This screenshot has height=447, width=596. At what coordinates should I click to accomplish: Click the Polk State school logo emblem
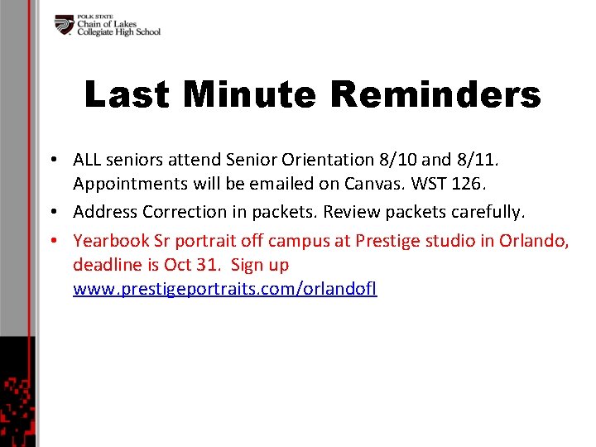65,25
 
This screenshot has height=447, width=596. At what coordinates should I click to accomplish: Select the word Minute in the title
249,95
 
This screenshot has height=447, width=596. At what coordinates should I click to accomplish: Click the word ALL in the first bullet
88,159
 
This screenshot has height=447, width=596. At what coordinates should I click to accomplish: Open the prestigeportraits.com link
224,290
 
